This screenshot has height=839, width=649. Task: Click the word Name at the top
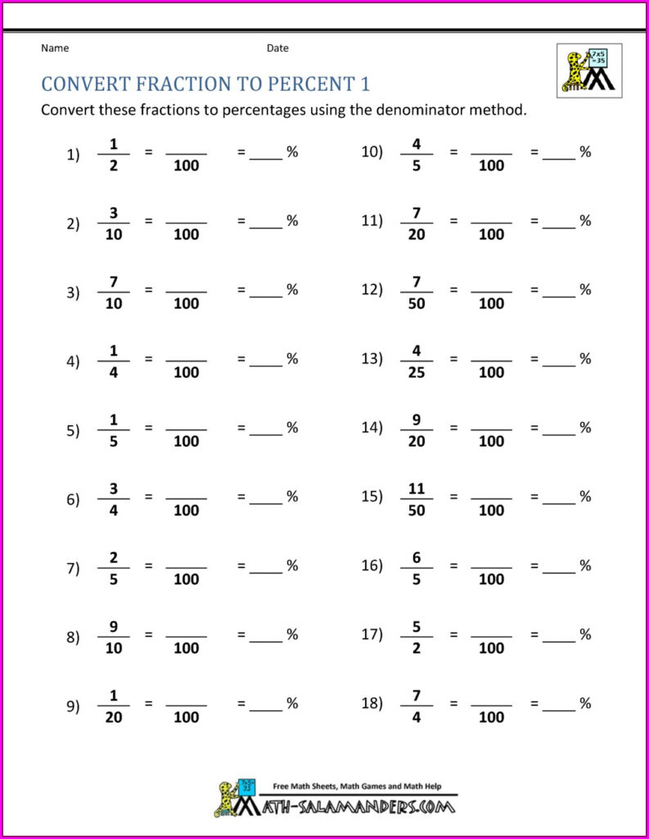[x=55, y=48]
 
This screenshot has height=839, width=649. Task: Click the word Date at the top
[x=277, y=48]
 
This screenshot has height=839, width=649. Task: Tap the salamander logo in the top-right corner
[x=588, y=70]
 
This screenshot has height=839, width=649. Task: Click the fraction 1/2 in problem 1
[x=114, y=153]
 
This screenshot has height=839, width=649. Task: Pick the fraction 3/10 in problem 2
[x=114, y=222]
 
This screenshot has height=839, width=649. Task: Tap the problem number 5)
[x=73, y=429]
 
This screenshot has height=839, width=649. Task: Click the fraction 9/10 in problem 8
[x=114, y=635]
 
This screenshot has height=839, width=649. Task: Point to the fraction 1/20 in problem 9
[x=114, y=705]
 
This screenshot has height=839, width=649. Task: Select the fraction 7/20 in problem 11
[x=416, y=222]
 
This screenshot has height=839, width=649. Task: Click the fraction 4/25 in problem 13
[x=416, y=360]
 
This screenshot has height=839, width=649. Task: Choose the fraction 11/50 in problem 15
[x=416, y=497]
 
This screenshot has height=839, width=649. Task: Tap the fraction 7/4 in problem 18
[x=416, y=705]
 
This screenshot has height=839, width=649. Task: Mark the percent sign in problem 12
[x=585, y=289]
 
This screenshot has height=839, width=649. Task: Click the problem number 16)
[x=372, y=566]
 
